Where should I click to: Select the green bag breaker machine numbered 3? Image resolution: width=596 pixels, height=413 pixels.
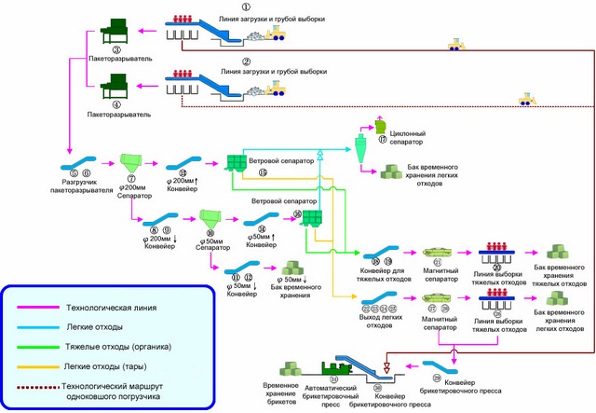[115, 28]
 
